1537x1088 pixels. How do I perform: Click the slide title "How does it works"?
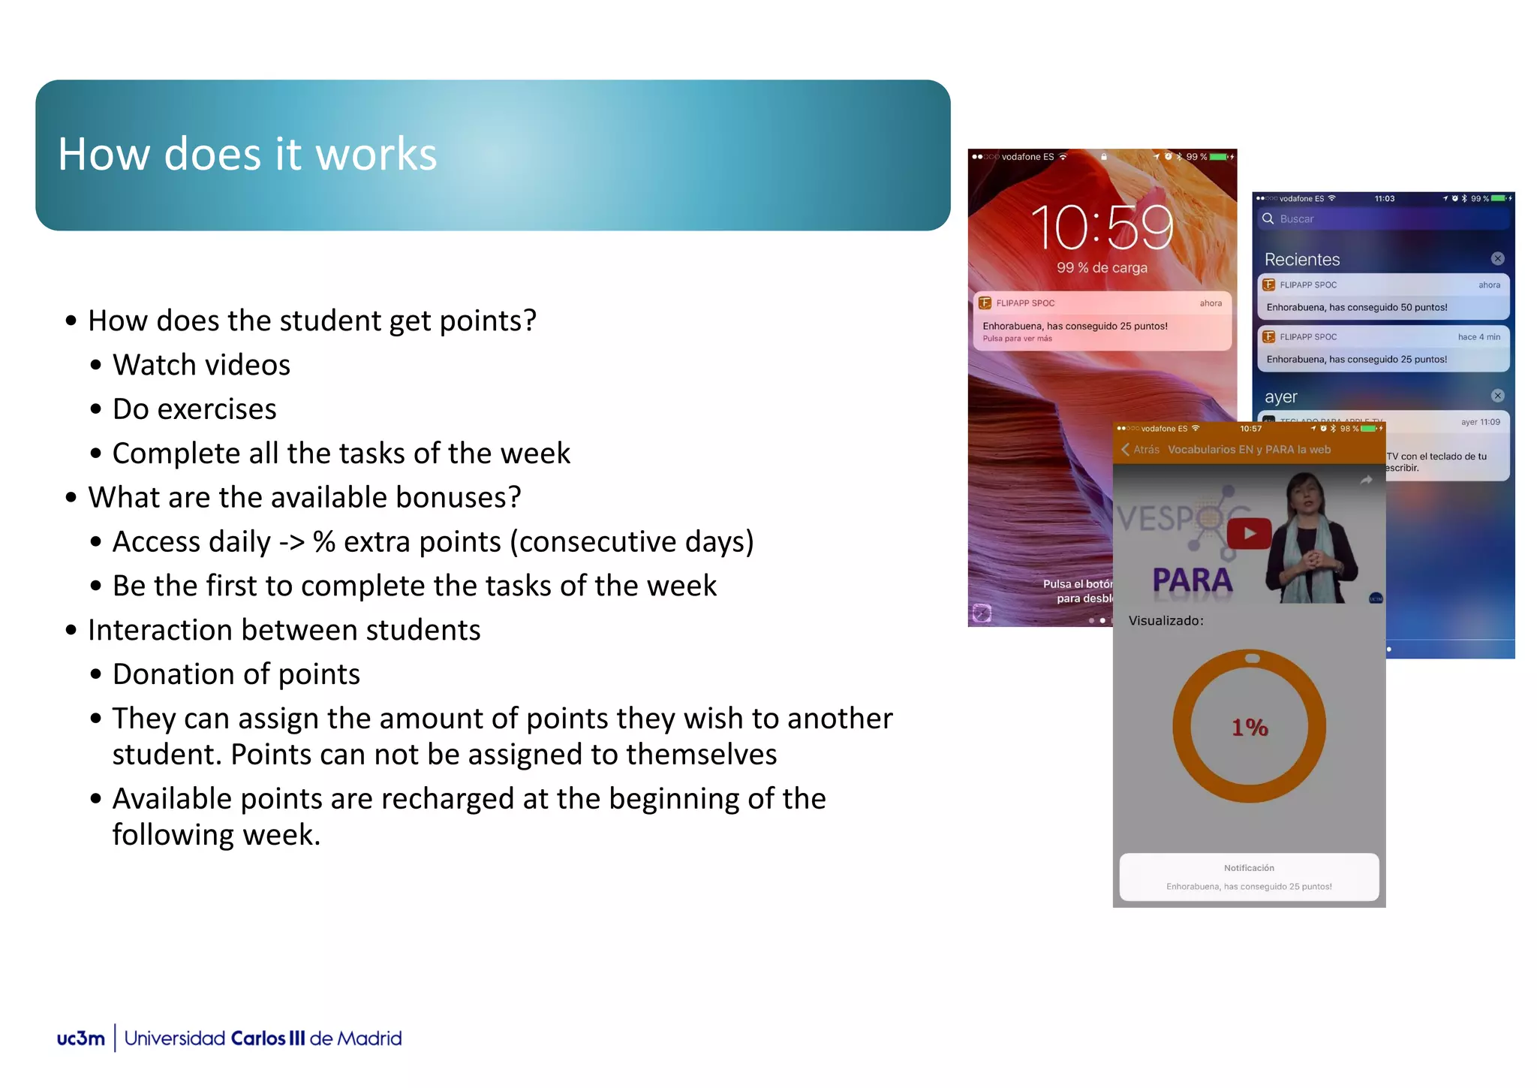pyautogui.click(x=247, y=155)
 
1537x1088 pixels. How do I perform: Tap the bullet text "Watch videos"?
pyautogui.click(x=201, y=366)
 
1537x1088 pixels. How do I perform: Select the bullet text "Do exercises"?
pyautogui.click(x=194, y=410)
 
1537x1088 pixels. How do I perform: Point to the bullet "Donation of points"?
pyautogui.click(x=236, y=675)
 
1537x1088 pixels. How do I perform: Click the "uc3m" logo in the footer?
pyautogui.click(x=81, y=1038)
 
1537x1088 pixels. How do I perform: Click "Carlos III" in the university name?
pyautogui.click(x=268, y=1038)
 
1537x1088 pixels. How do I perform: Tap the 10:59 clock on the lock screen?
pyautogui.click(x=1101, y=228)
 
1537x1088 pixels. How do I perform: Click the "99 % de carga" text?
pyautogui.click(x=1101, y=268)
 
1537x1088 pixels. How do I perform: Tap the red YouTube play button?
pyautogui.click(x=1249, y=534)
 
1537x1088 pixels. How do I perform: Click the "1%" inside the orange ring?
pyautogui.click(x=1250, y=728)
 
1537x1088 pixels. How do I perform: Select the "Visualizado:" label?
pyautogui.click(x=1166, y=621)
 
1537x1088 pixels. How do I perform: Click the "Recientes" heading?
pyautogui.click(x=1302, y=260)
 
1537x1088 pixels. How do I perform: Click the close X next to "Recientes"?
pyautogui.click(x=1497, y=259)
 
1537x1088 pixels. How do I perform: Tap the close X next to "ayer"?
pyautogui.click(x=1497, y=396)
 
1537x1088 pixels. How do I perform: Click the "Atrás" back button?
pyautogui.click(x=1140, y=450)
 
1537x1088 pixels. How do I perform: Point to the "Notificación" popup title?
pyautogui.click(x=1249, y=868)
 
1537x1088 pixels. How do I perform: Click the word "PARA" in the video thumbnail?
pyautogui.click(x=1192, y=580)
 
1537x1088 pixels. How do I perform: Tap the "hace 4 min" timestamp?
pyautogui.click(x=1478, y=337)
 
